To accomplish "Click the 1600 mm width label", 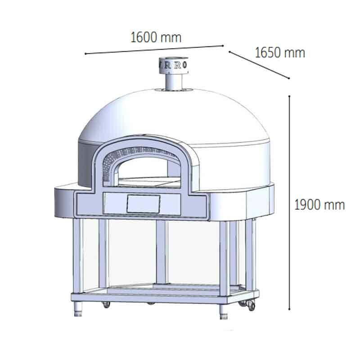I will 156,37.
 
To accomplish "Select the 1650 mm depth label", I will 280,53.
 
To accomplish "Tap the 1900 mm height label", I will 319,205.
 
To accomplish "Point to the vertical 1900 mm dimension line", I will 290,202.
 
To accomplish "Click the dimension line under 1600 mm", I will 154,49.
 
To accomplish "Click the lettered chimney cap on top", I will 174,64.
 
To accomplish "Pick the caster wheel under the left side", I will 107,305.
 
